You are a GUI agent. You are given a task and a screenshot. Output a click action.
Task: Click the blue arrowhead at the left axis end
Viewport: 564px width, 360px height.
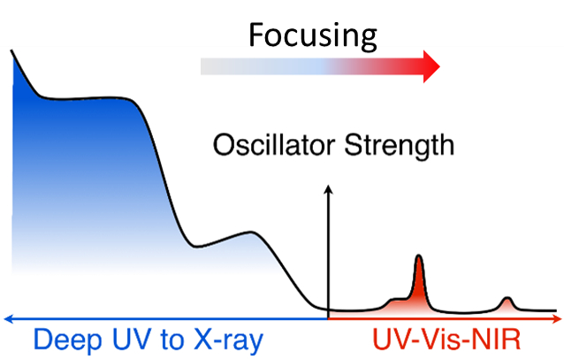coord(6,315)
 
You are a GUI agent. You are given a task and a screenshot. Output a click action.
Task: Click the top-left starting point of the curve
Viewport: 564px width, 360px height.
coord(11,51)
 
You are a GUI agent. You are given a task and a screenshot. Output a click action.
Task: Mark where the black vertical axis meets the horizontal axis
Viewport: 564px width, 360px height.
coord(329,315)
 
